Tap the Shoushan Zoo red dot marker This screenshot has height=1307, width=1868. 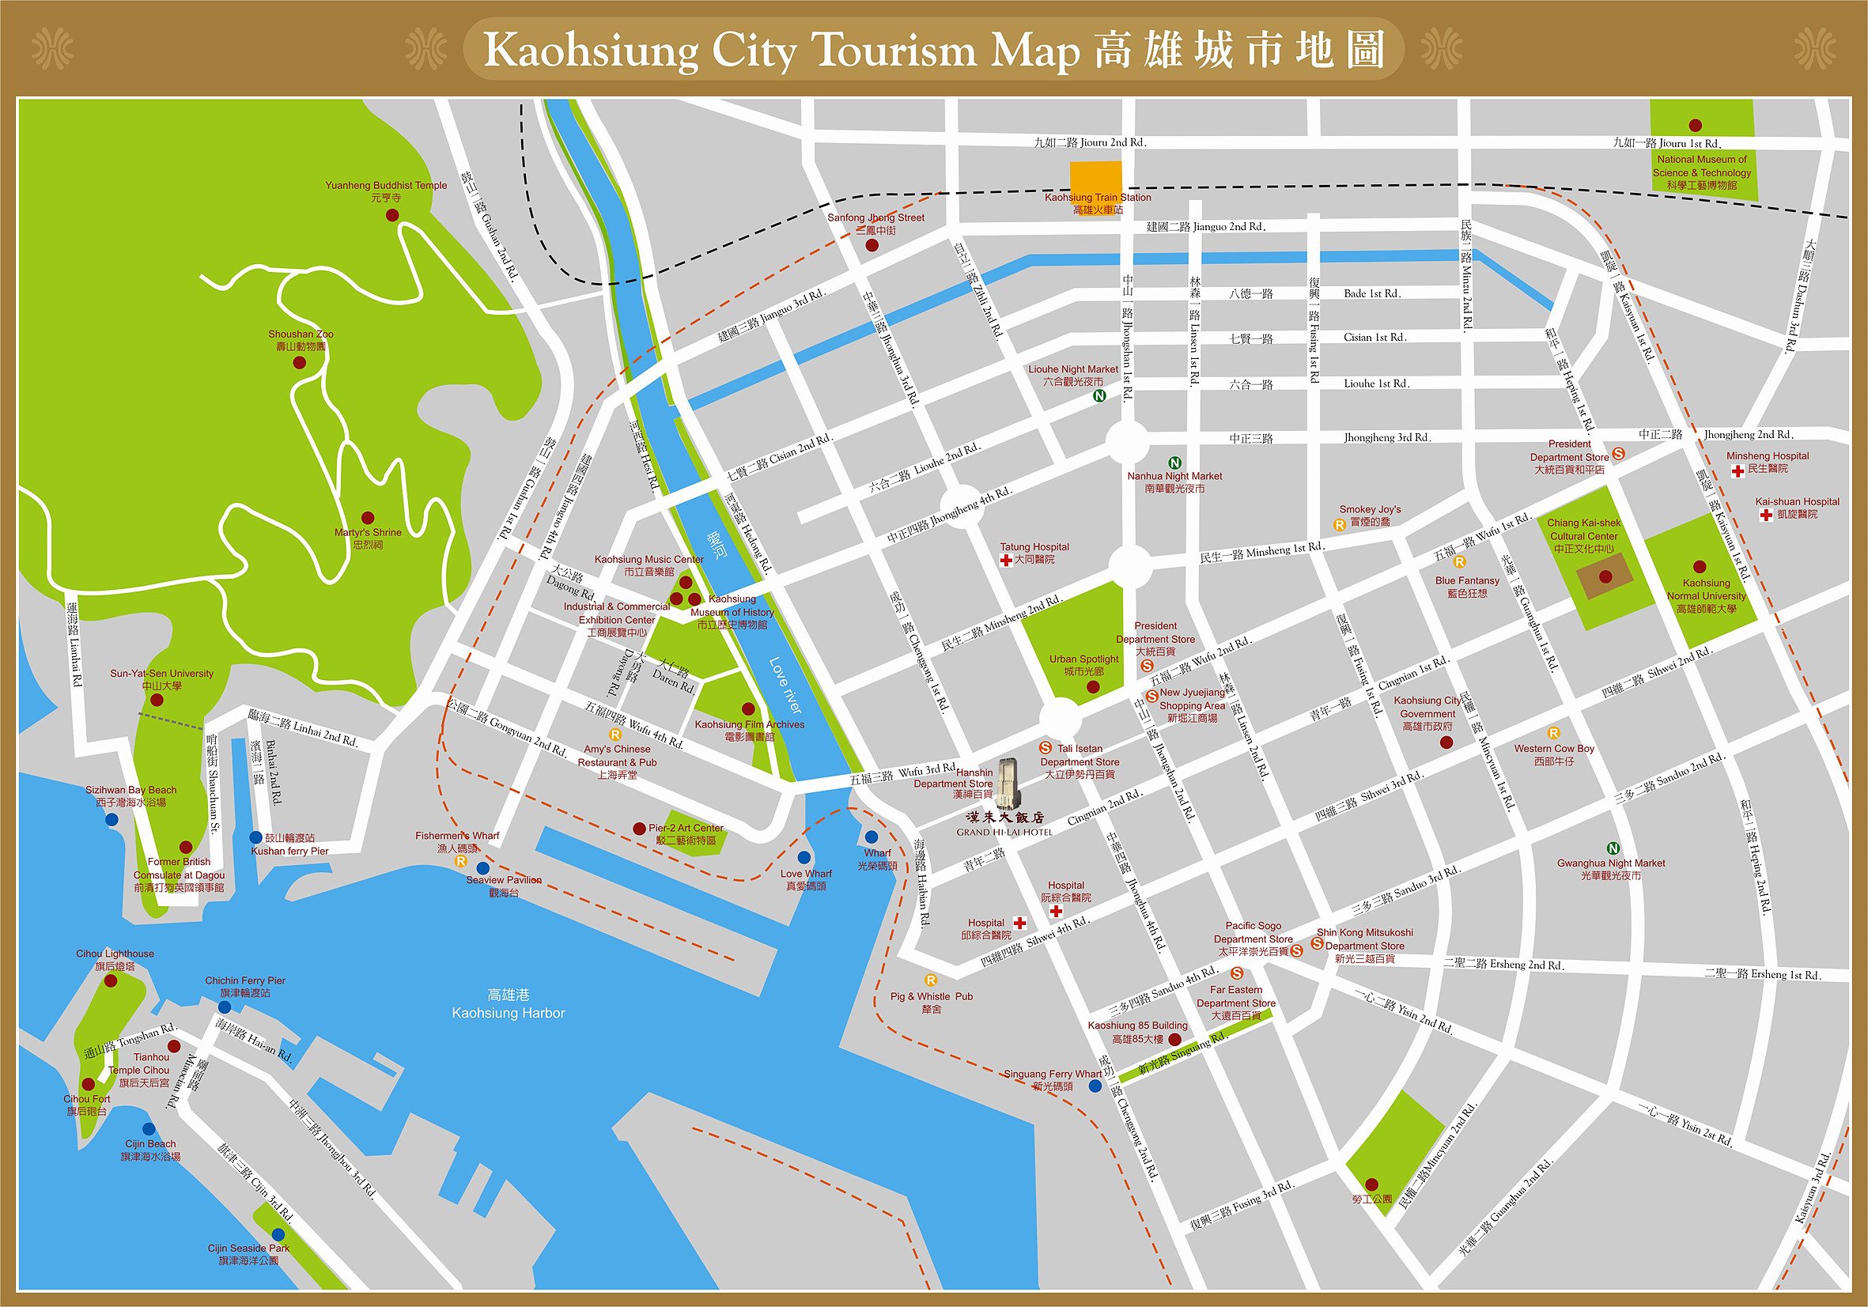point(300,363)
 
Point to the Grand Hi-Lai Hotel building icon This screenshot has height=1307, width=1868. point(1007,783)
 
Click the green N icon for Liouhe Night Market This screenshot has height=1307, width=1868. point(1099,396)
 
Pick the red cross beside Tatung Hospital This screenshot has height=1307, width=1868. point(1007,561)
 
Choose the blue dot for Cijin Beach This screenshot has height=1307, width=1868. point(148,1129)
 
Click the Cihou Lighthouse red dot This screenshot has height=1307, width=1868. point(111,981)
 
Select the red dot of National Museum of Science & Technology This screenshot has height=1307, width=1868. point(1696,125)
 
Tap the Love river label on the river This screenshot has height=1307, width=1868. point(785,686)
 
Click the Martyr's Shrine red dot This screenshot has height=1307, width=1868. point(368,517)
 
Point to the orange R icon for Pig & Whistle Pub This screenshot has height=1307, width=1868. point(931,981)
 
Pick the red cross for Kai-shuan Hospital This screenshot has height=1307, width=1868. point(1764,516)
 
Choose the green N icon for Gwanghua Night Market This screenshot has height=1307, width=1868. point(1613,848)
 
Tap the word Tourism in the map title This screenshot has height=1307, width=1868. point(895,51)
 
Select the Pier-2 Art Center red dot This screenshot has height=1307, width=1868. point(639,828)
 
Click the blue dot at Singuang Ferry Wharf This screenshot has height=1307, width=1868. point(1096,1086)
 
